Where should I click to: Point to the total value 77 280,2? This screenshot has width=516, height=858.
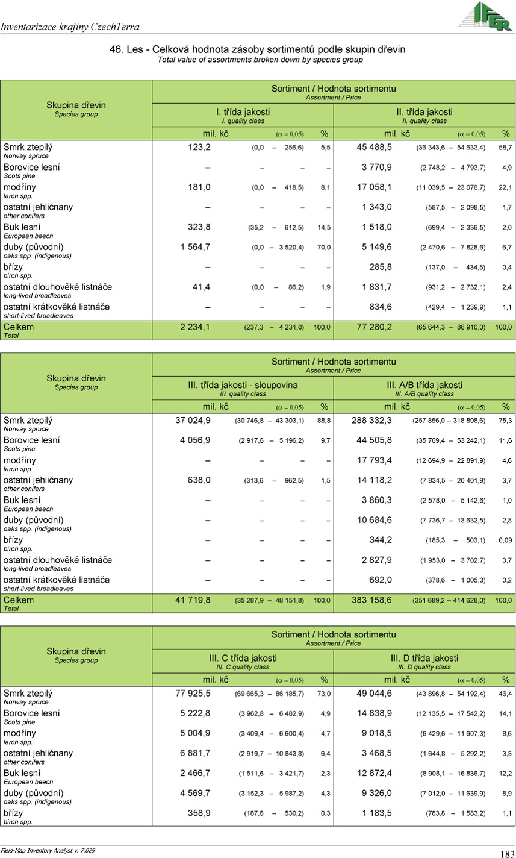pyautogui.click(x=374, y=327)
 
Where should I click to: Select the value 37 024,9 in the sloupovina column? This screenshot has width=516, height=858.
pyautogui.click(x=193, y=421)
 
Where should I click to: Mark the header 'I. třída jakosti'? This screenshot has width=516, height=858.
pyautogui.click(x=243, y=112)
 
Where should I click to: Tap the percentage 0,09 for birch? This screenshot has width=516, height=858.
pyautogui.click(x=505, y=541)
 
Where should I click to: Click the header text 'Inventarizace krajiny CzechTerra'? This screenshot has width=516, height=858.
pyautogui.click(x=70, y=27)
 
